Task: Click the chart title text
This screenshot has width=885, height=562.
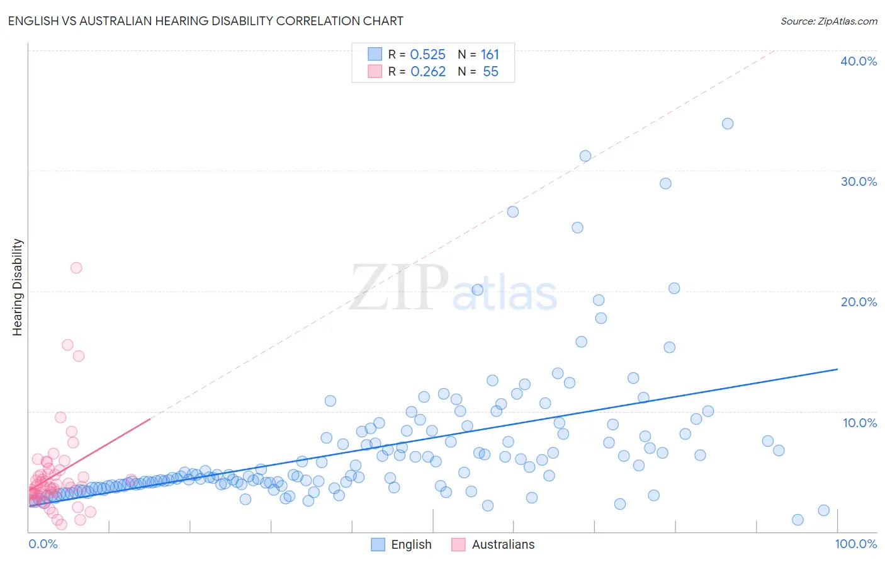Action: pyautogui.click(x=206, y=21)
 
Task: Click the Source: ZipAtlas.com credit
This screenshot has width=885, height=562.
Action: pyautogui.click(x=828, y=21)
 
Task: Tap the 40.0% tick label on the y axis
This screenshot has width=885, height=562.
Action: pyautogui.click(x=859, y=61)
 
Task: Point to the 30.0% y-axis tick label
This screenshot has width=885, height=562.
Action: pyautogui.click(x=859, y=181)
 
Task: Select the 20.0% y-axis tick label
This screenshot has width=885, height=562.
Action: pyautogui.click(x=859, y=302)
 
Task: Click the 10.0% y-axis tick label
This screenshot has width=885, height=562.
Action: pyautogui.click(x=859, y=423)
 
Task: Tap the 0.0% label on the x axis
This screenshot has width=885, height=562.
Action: pyautogui.click(x=43, y=544)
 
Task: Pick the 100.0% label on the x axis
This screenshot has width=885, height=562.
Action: pyautogui.click(x=855, y=544)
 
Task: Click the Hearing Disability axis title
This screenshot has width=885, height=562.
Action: pyautogui.click(x=18, y=287)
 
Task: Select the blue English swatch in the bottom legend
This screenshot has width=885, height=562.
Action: pyautogui.click(x=378, y=544)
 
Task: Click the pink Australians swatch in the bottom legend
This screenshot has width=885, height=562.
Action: pyautogui.click(x=458, y=544)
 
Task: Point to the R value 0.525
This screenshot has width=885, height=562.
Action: pyautogui.click(x=427, y=55)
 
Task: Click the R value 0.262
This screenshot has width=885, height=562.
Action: pyautogui.click(x=428, y=72)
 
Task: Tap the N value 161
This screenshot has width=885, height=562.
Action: pyautogui.click(x=490, y=55)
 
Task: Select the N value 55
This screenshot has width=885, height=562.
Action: pyautogui.click(x=490, y=72)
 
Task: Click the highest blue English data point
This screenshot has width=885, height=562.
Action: pyautogui.click(x=728, y=123)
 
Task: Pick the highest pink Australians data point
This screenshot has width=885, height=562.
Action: pyautogui.click(x=76, y=268)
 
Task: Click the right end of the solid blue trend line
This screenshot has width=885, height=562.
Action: pyautogui.click(x=838, y=369)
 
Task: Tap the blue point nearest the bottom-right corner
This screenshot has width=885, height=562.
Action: pyautogui.click(x=823, y=510)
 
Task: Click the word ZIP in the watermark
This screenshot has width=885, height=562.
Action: pyautogui.click(x=399, y=289)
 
